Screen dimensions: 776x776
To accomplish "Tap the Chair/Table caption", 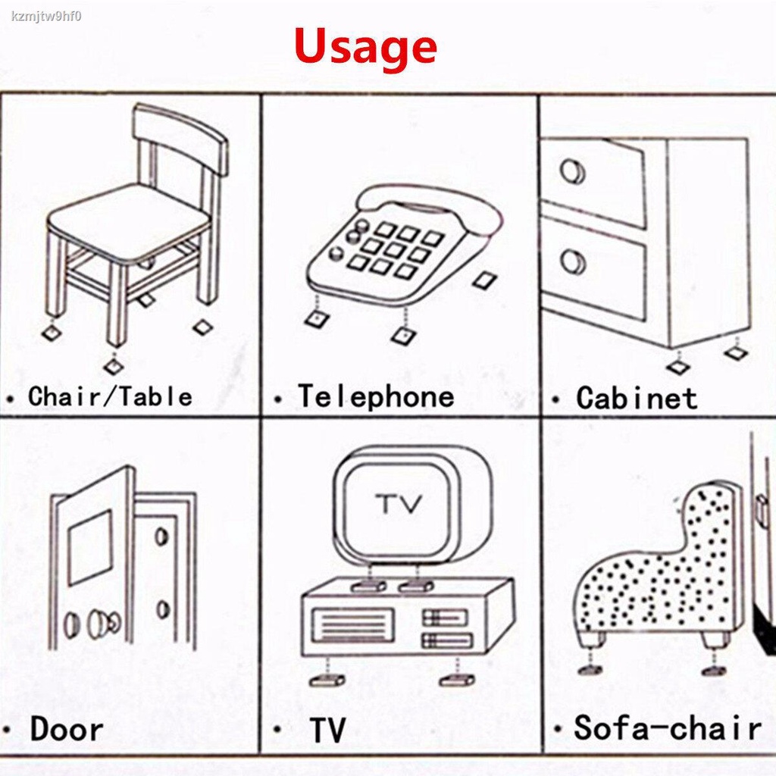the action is [x=110, y=397].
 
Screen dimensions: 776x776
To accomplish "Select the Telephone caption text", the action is [x=376, y=397].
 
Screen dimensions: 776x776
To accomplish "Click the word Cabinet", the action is [x=637, y=398].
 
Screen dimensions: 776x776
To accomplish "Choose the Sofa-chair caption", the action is [x=668, y=727].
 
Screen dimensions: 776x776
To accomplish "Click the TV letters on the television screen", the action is [x=399, y=504].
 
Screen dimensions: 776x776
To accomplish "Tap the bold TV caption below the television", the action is [x=327, y=730].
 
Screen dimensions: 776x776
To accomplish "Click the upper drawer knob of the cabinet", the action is [x=573, y=172].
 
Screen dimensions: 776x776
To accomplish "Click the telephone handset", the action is [x=430, y=207].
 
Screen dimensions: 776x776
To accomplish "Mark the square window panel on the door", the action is [x=91, y=547].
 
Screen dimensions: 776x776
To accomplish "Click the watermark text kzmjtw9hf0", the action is [x=46, y=17].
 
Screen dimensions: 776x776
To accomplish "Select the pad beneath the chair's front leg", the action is [x=114, y=366].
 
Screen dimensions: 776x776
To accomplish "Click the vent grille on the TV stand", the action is [x=353, y=624].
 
